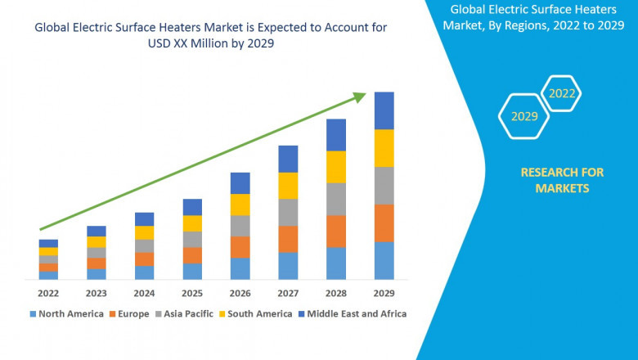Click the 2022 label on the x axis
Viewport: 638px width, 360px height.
click(48, 293)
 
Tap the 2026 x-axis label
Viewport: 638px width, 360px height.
click(240, 293)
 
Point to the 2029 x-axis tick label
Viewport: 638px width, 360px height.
click(384, 293)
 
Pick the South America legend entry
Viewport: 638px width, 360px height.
click(257, 313)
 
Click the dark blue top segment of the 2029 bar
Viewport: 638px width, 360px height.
click(384, 110)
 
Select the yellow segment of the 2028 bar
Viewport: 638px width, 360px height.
click(336, 167)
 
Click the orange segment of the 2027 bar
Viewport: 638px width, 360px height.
click(288, 239)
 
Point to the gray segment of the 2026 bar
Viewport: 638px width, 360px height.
click(240, 226)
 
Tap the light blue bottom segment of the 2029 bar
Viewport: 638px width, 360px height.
click(384, 261)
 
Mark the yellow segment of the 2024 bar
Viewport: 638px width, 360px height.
click(144, 232)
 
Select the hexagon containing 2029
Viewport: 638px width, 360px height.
click(524, 116)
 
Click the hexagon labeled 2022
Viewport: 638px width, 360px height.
click(562, 93)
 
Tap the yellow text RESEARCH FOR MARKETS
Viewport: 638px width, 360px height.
click(562, 180)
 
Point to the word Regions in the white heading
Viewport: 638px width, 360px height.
click(537, 25)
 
